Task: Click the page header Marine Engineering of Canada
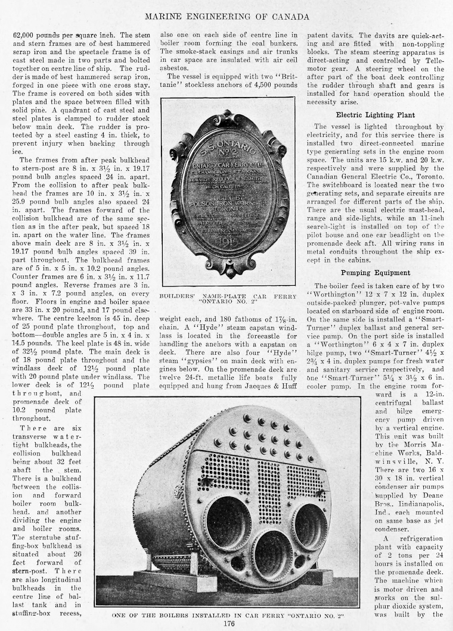point(226,16)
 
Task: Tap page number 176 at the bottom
point(226,623)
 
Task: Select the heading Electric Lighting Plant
point(375,115)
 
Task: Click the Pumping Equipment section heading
point(375,273)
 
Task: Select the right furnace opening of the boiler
point(310,526)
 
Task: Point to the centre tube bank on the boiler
point(268,492)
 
